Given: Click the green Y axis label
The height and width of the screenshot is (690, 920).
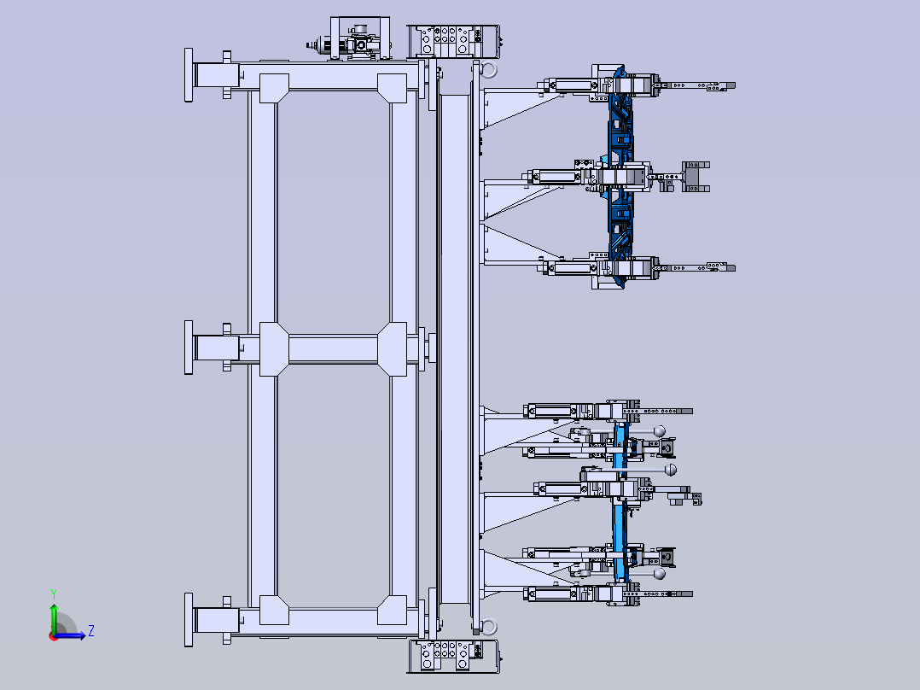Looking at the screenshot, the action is click(54, 594).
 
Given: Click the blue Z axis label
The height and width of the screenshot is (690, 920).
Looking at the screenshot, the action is click(91, 631).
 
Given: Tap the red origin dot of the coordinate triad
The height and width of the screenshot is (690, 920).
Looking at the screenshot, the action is click(54, 636).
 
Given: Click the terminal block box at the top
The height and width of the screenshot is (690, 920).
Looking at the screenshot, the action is click(453, 41).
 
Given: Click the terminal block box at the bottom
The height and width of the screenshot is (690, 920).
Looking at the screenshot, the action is click(453, 656).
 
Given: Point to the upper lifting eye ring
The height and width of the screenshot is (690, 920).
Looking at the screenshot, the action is click(488, 69).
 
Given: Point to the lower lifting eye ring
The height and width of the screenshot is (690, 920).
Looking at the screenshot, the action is click(488, 626).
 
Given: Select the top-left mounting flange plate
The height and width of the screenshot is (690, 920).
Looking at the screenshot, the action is click(189, 75).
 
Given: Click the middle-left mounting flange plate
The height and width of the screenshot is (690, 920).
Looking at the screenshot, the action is click(189, 348).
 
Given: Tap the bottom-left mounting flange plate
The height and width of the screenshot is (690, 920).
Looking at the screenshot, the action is click(189, 619).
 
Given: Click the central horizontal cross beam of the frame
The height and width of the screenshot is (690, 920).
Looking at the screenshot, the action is click(333, 348).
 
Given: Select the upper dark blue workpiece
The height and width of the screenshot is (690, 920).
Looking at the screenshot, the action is click(620, 176).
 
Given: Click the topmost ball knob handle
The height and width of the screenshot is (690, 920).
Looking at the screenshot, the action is click(660, 431).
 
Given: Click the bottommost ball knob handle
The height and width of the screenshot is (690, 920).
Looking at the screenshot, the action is click(660, 574).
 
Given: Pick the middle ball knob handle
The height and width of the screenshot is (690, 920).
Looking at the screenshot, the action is click(671, 470).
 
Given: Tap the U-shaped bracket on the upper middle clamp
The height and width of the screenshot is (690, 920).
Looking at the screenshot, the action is click(695, 176).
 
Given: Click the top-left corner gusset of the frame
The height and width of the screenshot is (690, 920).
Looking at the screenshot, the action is click(274, 88).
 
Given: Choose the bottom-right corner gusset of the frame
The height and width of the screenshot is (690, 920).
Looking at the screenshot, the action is click(392, 610).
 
